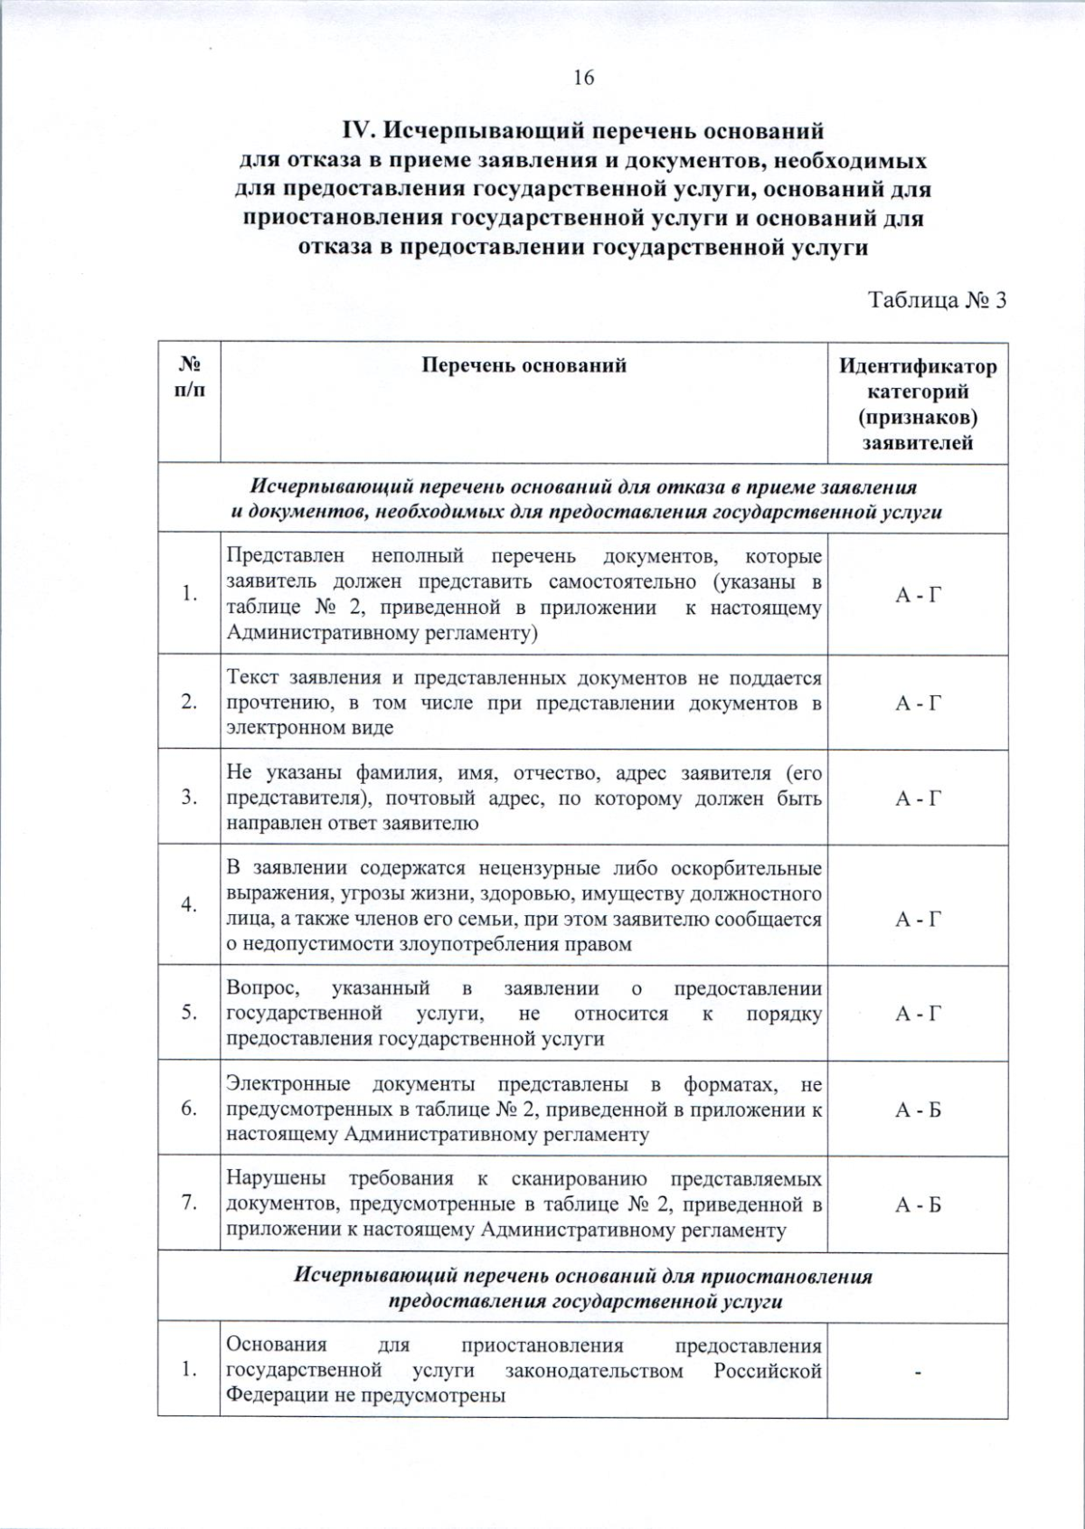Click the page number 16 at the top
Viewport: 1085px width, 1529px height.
(583, 79)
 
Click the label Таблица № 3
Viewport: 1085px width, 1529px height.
(937, 300)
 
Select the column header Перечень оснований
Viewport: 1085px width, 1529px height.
(524, 366)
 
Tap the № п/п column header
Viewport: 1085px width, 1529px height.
(189, 377)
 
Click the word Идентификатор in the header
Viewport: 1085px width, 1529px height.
(918, 367)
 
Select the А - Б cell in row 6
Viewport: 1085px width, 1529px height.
(918, 1109)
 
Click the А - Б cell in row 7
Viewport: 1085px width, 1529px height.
(918, 1204)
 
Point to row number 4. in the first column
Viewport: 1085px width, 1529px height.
(189, 905)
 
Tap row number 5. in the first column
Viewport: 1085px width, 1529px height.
(189, 1013)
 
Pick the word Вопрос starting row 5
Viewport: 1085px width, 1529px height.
(257, 988)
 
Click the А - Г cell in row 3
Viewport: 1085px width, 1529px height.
(918, 798)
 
